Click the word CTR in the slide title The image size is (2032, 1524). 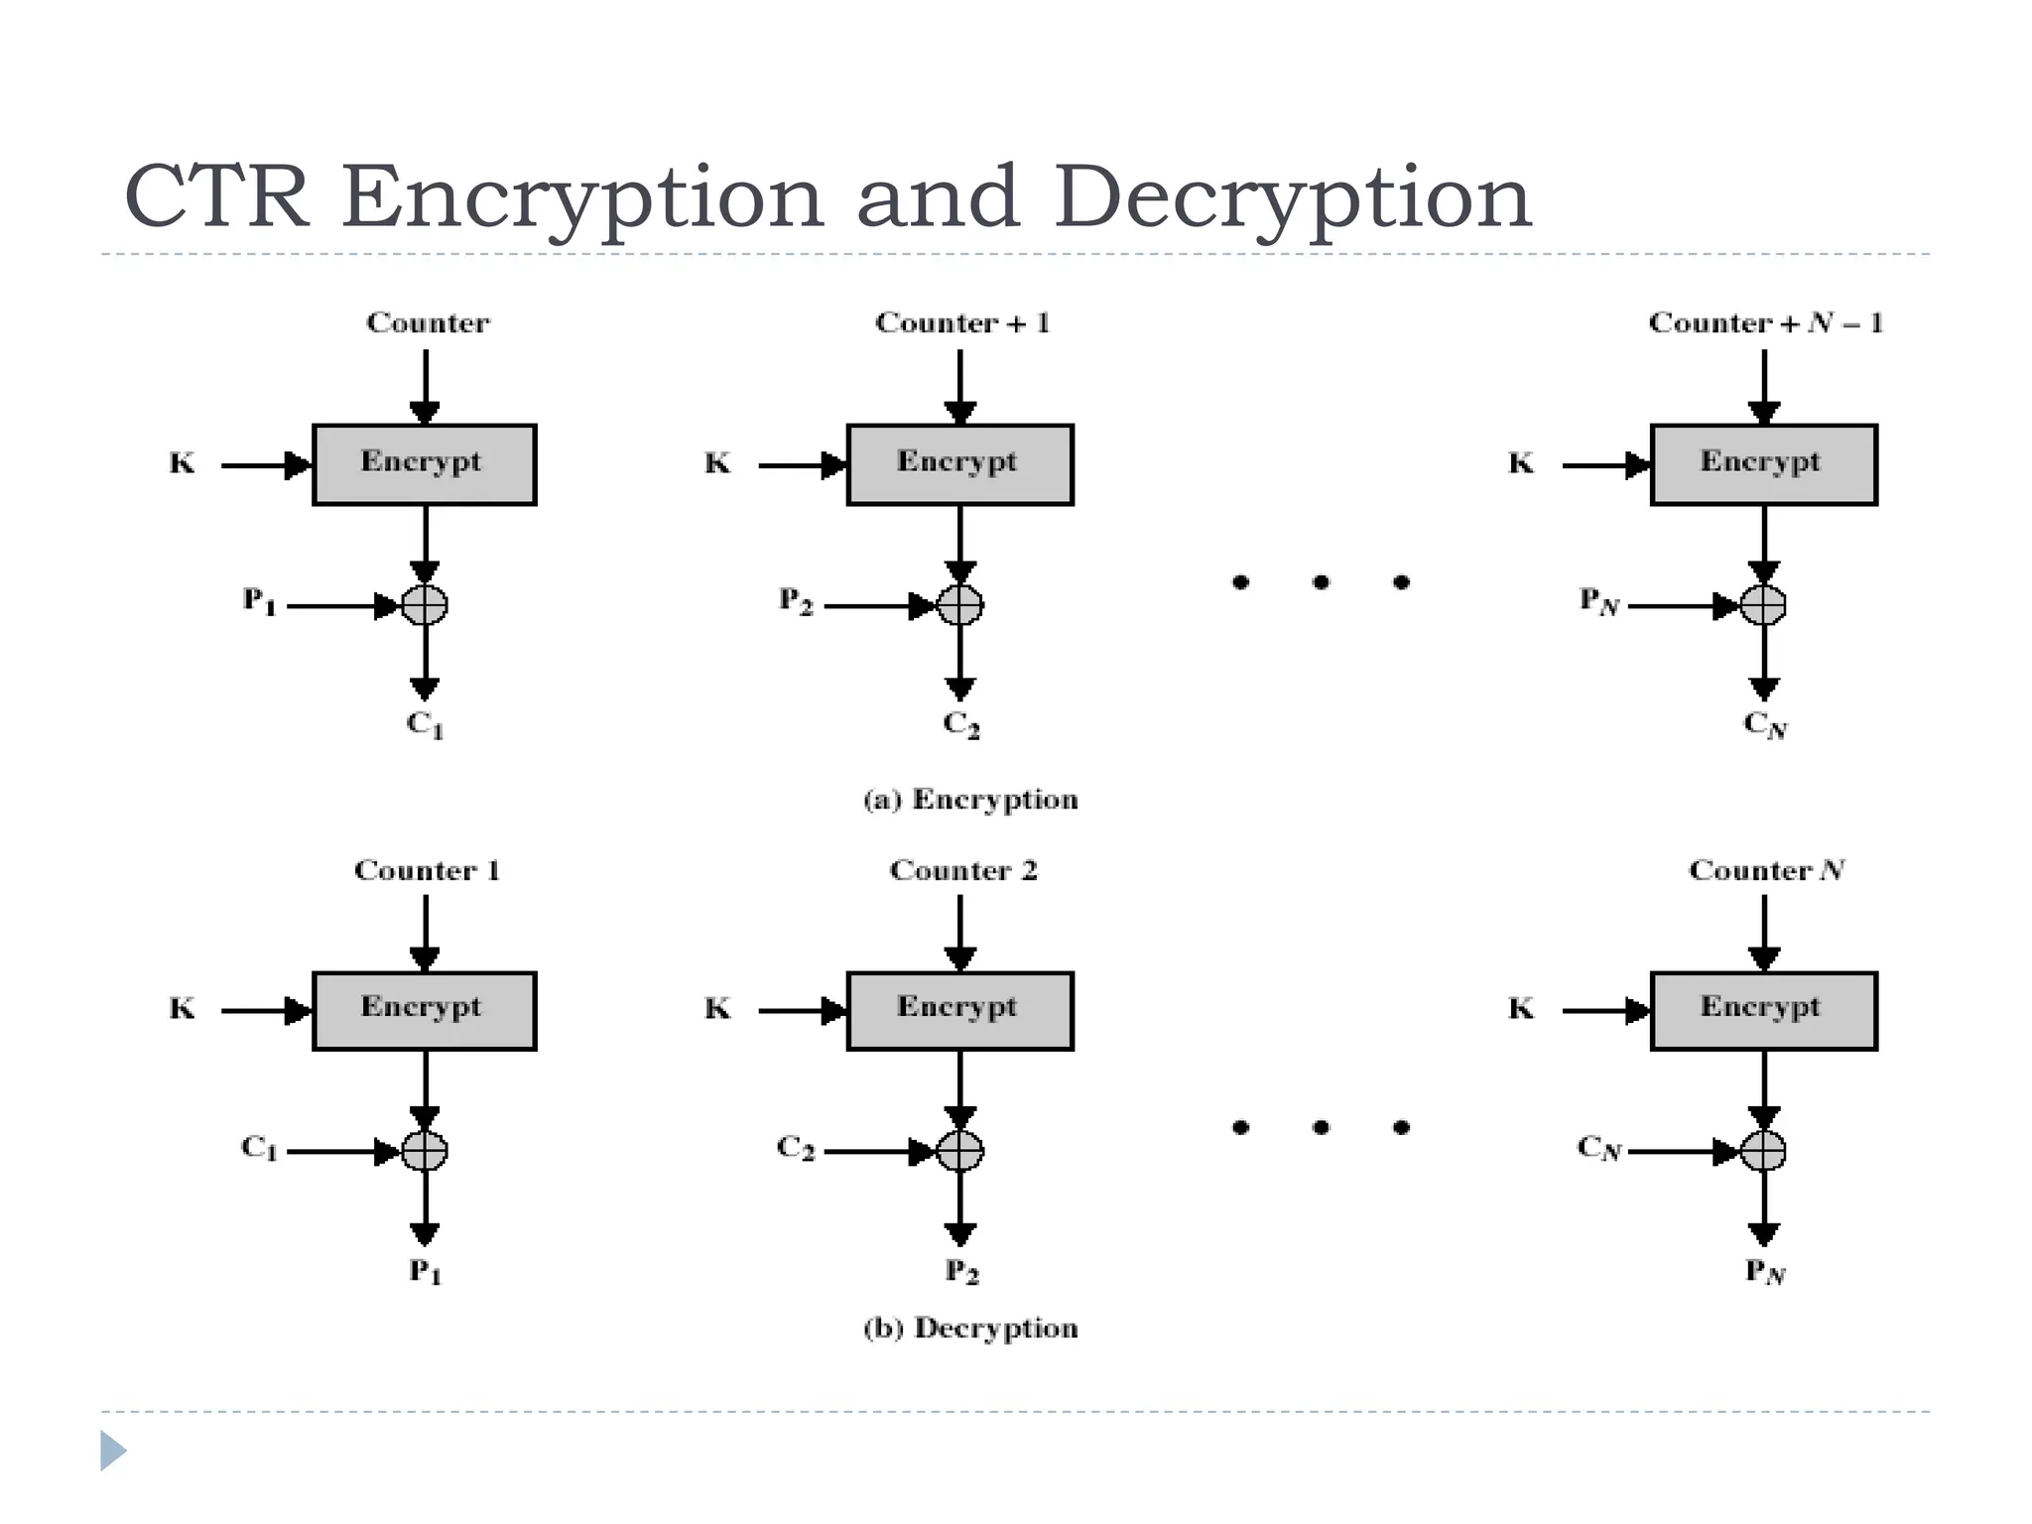click(215, 197)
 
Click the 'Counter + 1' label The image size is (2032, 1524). click(961, 323)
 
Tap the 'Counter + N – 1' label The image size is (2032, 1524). click(1765, 323)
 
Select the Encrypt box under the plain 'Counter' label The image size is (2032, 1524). click(425, 464)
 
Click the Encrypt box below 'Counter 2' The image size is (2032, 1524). click(959, 1010)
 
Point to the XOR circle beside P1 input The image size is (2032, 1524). click(425, 604)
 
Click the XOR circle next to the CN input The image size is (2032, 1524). click(1763, 1151)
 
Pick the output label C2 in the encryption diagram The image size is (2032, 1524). click(960, 724)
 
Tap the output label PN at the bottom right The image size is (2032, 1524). click(1765, 1271)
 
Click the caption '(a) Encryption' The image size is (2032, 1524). click(969, 800)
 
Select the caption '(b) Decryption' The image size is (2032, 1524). click(969, 1328)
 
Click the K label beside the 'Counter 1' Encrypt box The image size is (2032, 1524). click(183, 1009)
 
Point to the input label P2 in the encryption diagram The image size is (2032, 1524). click(796, 601)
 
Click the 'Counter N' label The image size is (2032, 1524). click(1765, 870)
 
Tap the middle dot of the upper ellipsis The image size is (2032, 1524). click(1321, 582)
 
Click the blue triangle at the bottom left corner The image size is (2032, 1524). click(112, 1451)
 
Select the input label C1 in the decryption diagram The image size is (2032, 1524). click(259, 1148)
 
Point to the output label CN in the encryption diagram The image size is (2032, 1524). click(1765, 725)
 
